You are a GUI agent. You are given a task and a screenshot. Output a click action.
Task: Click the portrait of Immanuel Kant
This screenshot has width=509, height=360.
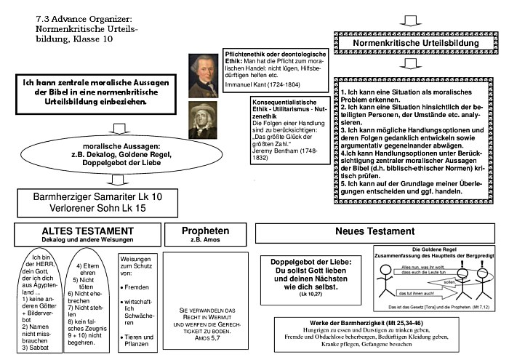tap(203, 74)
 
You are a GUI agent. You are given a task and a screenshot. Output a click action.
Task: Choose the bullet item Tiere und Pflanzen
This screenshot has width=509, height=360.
tap(138, 340)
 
